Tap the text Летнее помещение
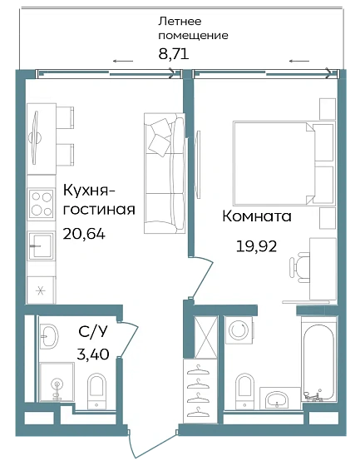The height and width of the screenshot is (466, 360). click(x=192, y=29)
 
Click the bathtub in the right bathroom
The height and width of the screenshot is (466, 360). click(x=317, y=366)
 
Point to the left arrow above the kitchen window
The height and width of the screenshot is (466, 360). click(x=122, y=62)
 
